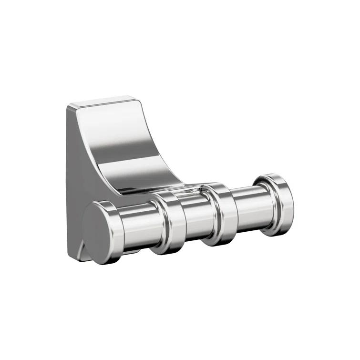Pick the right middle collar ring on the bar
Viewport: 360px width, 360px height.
220,213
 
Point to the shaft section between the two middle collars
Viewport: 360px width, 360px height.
195,217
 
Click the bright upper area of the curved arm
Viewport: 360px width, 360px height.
114,129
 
